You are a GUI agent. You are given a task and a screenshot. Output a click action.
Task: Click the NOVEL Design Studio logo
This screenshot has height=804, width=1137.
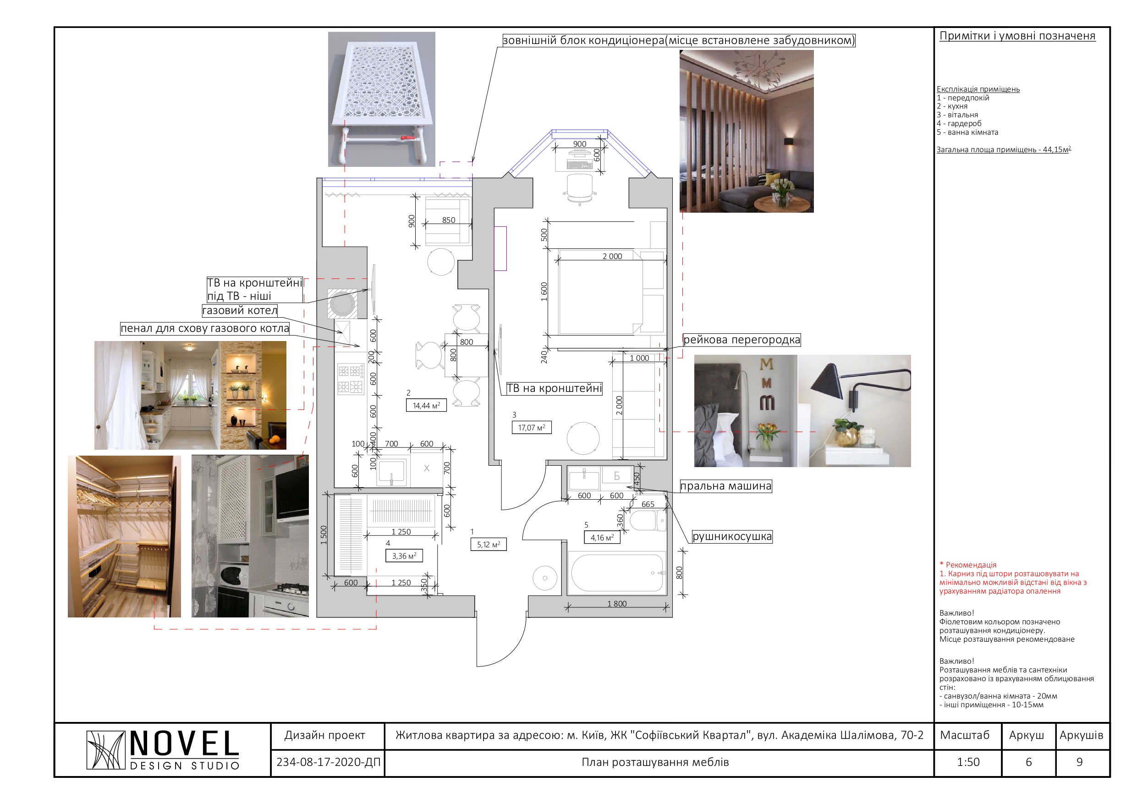pyautogui.click(x=163, y=749)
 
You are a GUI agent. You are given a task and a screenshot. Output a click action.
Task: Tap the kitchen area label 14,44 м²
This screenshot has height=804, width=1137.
pyautogui.click(x=426, y=405)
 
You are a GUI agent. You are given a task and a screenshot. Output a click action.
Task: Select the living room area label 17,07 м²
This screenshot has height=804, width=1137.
pyautogui.click(x=531, y=427)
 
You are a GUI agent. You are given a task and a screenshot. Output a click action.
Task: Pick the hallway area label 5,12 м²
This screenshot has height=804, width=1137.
pyautogui.click(x=488, y=545)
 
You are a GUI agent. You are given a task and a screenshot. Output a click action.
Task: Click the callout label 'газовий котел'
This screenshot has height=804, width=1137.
pyautogui.click(x=240, y=311)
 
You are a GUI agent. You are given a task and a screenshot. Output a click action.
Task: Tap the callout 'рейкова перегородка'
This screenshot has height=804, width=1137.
pyautogui.click(x=742, y=340)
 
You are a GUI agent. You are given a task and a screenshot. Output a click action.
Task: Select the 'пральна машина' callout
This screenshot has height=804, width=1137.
pyautogui.click(x=726, y=486)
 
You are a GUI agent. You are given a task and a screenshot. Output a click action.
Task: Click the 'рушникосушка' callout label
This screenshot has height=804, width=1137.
pyautogui.click(x=732, y=536)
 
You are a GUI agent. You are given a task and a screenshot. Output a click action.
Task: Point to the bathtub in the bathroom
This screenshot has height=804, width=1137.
pyautogui.click(x=617, y=573)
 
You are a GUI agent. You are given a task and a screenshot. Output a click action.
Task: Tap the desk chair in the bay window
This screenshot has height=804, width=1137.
pyautogui.click(x=579, y=189)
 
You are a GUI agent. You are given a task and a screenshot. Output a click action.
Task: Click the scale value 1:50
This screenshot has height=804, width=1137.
pyautogui.click(x=968, y=762)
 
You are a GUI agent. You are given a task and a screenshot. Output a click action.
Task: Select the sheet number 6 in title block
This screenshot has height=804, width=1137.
pyautogui.click(x=1028, y=762)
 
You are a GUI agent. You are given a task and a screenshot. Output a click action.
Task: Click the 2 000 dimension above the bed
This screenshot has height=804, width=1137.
pyautogui.click(x=612, y=256)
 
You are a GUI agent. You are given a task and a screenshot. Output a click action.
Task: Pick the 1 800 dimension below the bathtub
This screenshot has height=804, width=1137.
pyautogui.click(x=617, y=603)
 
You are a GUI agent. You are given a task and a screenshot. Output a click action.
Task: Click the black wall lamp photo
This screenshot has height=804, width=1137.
pyautogui.click(x=854, y=411)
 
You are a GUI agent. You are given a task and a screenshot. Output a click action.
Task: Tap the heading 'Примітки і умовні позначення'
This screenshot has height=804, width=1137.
pyautogui.click(x=1018, y=36)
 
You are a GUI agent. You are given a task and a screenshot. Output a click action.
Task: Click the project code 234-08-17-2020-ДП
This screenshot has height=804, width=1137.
pyautogui.click(x=328, y=762)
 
